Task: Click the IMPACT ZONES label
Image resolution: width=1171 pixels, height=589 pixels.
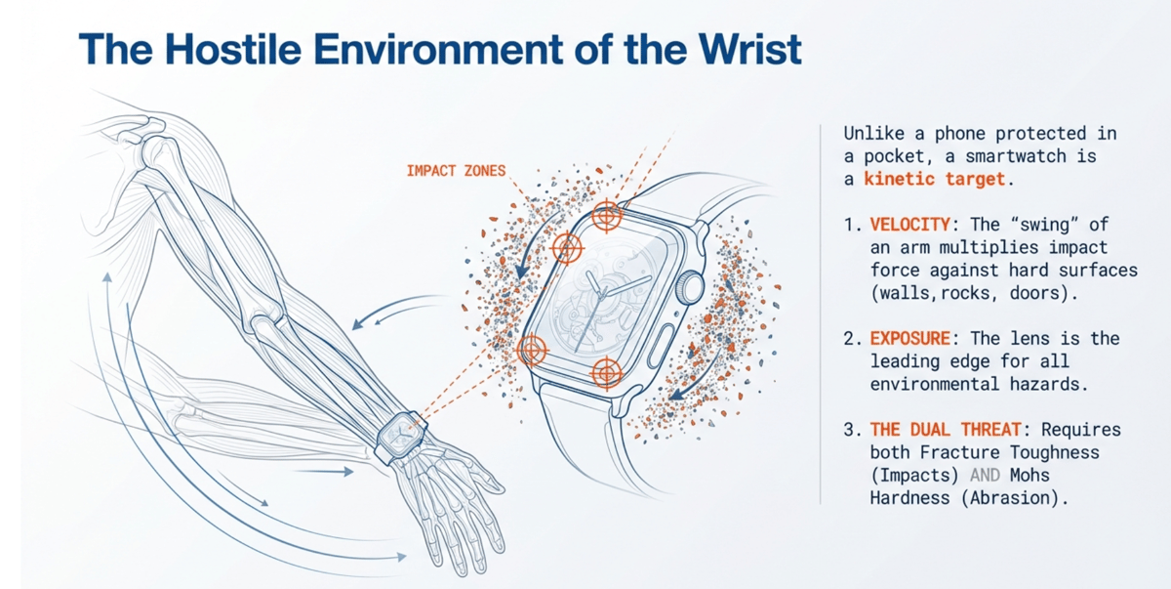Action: (456, 171)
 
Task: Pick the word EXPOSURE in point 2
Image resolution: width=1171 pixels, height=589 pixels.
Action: (909, 338)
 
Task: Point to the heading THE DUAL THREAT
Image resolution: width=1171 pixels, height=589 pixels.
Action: (927, 430)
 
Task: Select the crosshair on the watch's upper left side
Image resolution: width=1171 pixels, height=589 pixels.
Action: (567, 248)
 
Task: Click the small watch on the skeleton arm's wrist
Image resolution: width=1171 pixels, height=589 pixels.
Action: (399, 436)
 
